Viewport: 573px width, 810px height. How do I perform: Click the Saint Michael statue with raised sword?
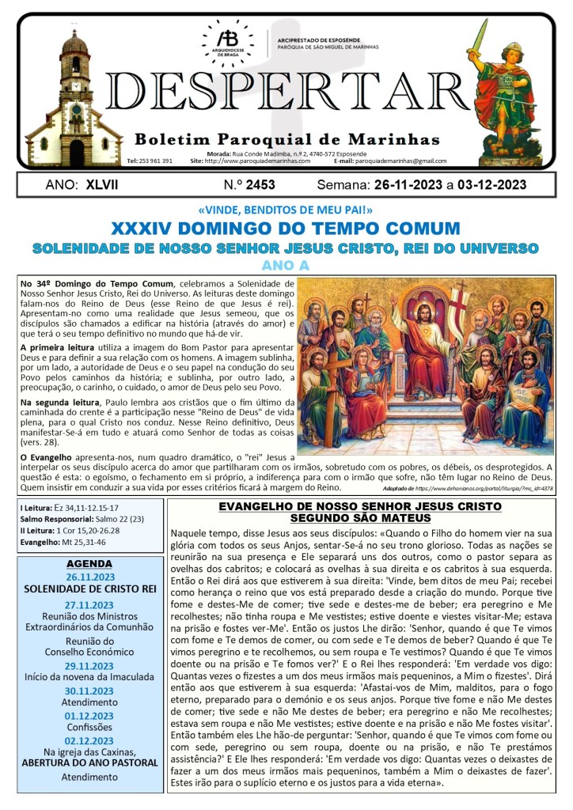(507, 87)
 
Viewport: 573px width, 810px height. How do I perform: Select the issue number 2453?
(260, 185)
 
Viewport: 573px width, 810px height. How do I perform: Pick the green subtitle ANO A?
(286, 265)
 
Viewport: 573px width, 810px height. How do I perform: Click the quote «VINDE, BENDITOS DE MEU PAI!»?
(286, 210)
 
